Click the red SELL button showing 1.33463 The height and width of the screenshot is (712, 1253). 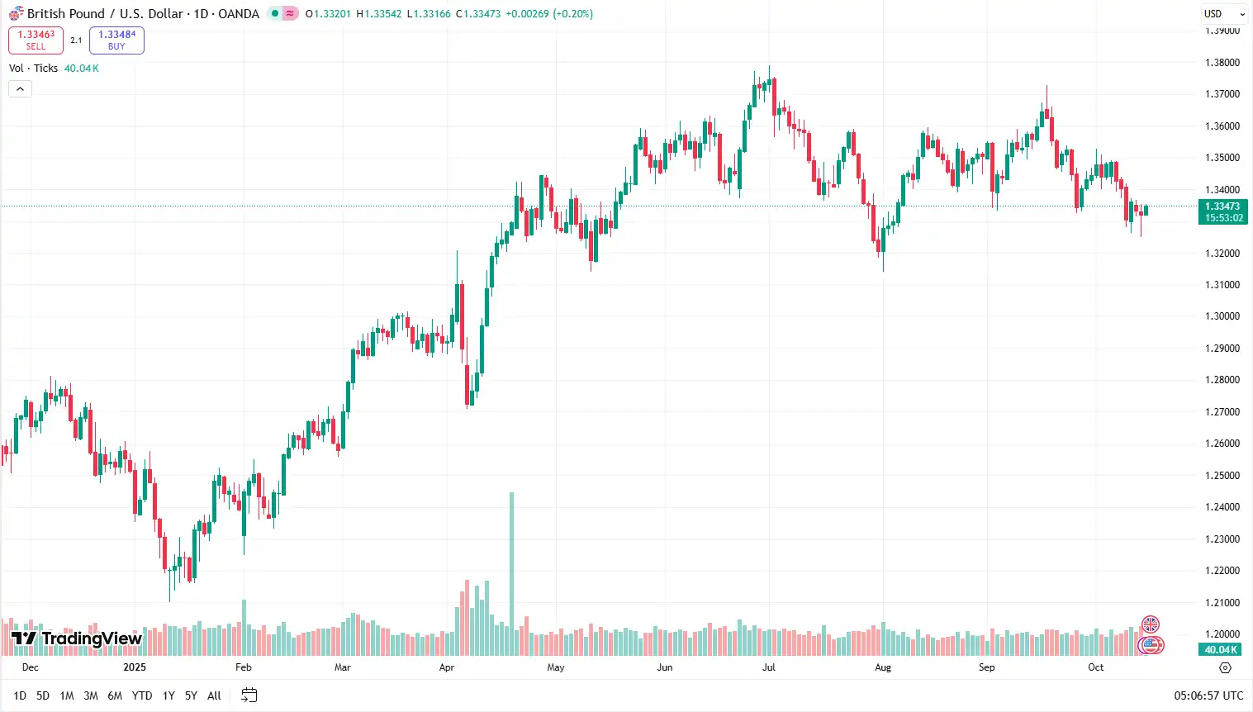(x=36, y=40)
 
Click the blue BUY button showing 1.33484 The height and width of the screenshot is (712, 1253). (x=116, y=40)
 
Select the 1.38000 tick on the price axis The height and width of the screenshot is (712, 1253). (x=1222, y=63)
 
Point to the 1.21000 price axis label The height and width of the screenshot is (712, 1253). (x=1222, y=603)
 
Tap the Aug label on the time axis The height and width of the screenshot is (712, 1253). (x=883, y=667)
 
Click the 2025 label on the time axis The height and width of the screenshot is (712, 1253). (x=134, y=667)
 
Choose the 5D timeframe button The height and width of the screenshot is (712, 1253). (x=43, y=695)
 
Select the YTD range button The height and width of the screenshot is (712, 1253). (x=142, y=695)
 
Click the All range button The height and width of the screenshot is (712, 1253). (x=214, y=695)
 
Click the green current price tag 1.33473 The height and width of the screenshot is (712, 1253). (x=1222, y=212)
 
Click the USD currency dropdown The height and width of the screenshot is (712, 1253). (x=1223, y=14)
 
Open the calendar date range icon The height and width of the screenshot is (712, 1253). (x=249, y=695)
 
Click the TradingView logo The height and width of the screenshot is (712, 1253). (x=77, y=638)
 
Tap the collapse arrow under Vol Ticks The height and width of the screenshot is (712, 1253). (x=20, y=89)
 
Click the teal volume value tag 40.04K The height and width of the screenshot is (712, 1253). (x=1220, y=650)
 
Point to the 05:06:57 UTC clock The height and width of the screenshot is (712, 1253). (x=1208, y=696)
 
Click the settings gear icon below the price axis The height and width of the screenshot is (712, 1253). (x=1225, y=667)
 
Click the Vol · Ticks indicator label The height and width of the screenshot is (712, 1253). (x=33, y=69)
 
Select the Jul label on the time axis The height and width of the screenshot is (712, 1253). (x=768, y=667)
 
